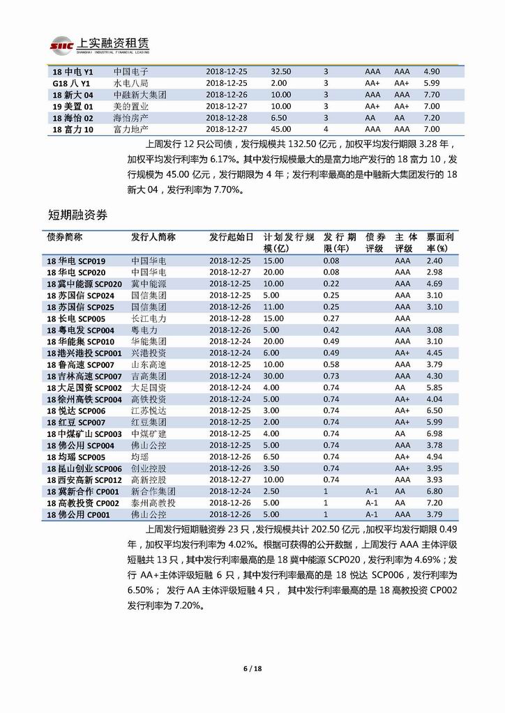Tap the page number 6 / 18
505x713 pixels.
point(252,669)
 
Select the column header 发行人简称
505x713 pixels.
point(153,237)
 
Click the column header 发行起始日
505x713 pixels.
point(231,237)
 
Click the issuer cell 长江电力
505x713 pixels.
point(149,318)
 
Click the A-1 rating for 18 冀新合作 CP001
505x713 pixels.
point(371,491)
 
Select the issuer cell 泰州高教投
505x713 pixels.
point(153,503)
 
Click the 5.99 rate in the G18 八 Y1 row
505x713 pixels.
point(432,82)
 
